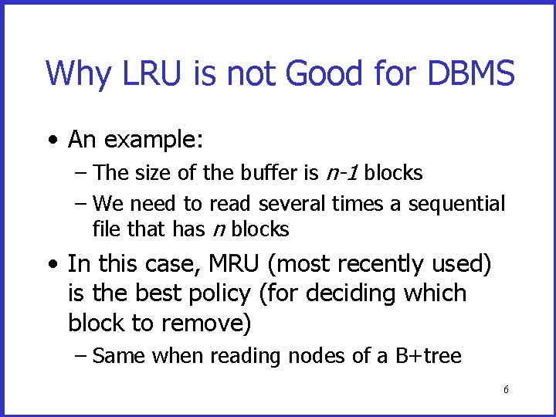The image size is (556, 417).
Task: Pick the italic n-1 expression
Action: pos(341,173)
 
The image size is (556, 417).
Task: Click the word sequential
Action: pos(456,204)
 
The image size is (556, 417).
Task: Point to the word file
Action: pos(104,229)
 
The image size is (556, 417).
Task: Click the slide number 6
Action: pos(506,390)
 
